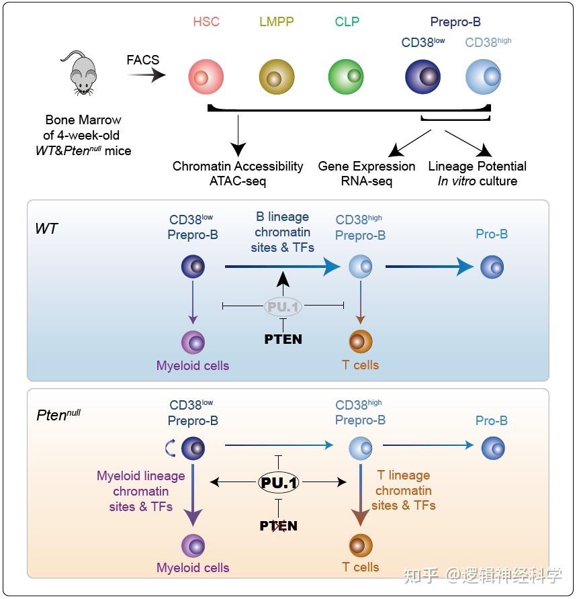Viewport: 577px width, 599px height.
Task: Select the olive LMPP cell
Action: [x=276, y=77]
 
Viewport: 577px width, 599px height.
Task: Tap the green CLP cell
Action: [x=346, y=77]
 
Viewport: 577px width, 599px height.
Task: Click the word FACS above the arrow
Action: [x=143, y=60]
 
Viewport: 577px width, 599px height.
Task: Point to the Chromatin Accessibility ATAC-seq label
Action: [x=238, y=173]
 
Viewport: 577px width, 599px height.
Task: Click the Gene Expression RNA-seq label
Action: [x=367, y=173]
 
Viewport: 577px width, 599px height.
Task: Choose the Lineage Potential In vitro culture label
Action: [x=477, y=173]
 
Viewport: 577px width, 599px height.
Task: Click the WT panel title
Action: [x=46, y=229]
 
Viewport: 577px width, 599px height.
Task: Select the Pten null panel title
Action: [x=58, y=415]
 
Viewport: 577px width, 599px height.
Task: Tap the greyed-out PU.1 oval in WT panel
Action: [x=283, y=306]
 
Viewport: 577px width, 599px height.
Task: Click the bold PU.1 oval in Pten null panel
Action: [x=279, y=481]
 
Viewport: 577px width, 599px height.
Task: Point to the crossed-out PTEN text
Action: [x=279, y=526]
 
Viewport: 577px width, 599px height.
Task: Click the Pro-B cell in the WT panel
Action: [x=492, y=267]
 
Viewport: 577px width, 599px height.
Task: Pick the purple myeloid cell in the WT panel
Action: [x=193, y=342]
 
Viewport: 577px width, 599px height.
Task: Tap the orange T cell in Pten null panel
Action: [x=361, y=545]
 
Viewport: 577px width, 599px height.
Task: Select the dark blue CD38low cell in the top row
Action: [x=423, y=77]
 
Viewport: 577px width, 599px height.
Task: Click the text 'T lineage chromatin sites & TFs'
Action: [x=404, y=490]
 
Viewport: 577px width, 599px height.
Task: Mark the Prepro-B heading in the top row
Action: [x=455, y=23]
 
